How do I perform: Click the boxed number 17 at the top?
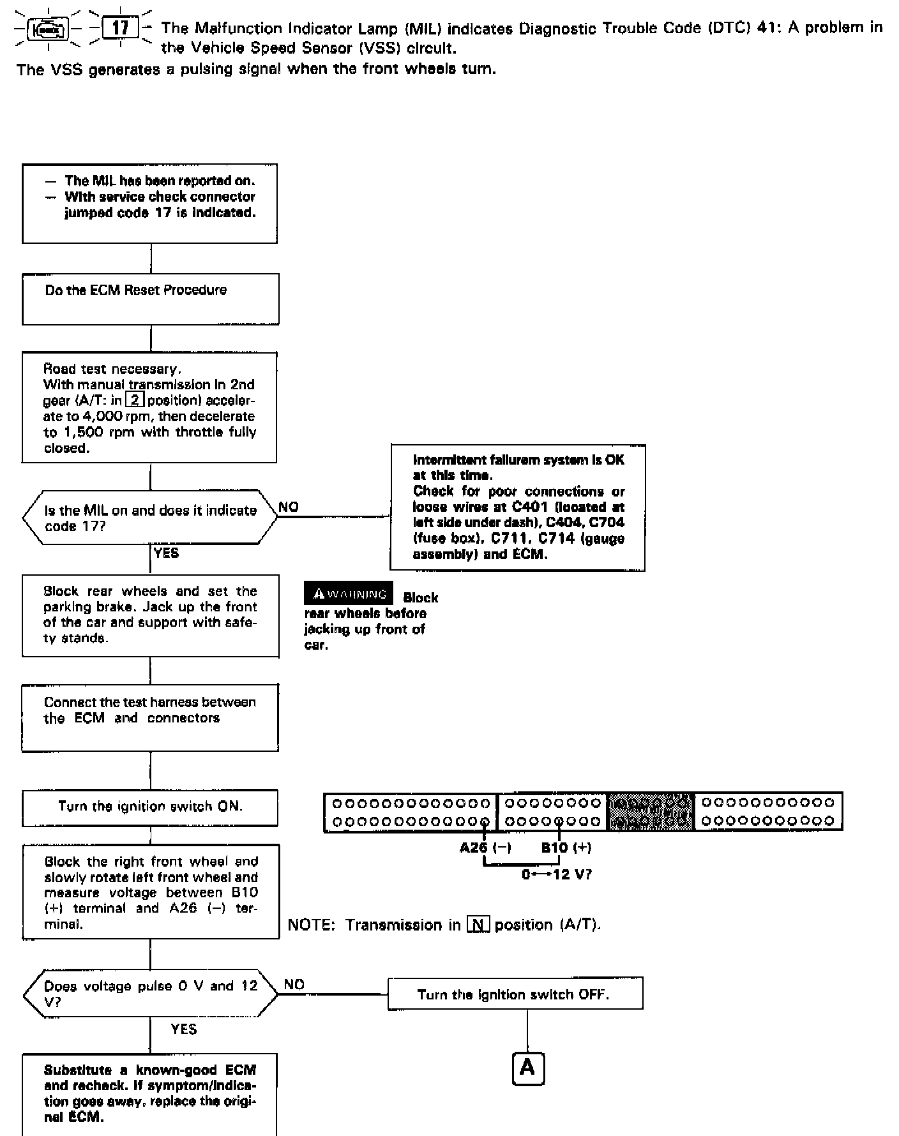pos(120,28)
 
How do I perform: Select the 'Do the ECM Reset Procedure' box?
pos(151,299)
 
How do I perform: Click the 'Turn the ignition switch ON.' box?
pos(150,807)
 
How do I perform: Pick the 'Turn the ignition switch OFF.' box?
pos(515,994)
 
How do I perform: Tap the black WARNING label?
pos(349,594)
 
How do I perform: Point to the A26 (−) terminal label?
pos(485,848)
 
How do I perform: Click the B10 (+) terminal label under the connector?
pos(566,848)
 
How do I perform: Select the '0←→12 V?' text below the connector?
pos(556,874)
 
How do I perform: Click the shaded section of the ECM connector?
pos(651,812)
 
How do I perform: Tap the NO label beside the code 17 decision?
pos(289,507)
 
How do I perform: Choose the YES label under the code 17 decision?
pos(167,553)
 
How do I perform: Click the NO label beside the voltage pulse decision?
pos(294,984)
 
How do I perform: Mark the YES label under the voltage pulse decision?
pos(184,1029)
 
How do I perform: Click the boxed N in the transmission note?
pos(478,925)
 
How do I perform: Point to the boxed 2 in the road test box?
pos(135,401)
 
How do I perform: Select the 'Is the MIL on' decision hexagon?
pos(150,518)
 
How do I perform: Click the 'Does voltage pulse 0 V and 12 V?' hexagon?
pos(151,994)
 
